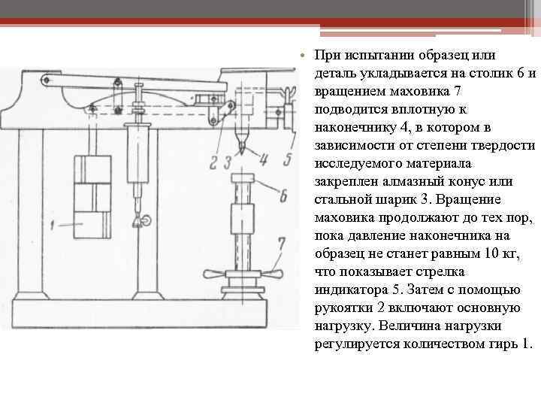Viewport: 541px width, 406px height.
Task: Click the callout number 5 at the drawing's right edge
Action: click(288, 159)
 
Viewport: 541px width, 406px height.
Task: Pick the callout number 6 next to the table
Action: click(283, 198)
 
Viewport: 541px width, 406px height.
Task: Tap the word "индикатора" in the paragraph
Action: click(351, 290)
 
